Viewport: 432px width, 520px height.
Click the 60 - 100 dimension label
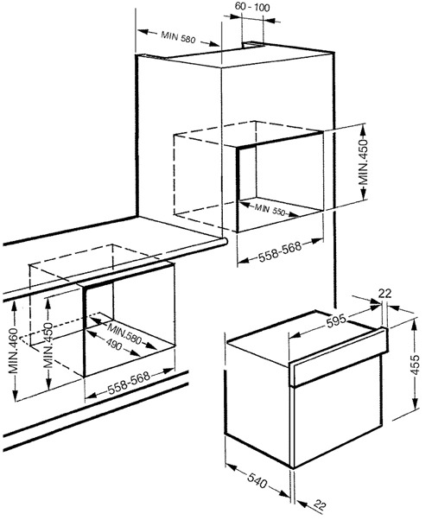[252, 7]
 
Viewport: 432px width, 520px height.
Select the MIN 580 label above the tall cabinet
[178, 37]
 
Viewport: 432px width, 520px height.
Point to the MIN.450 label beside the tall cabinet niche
[364, 162]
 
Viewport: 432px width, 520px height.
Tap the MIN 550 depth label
[270, 210]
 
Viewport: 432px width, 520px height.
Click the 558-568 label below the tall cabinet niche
[280, 251]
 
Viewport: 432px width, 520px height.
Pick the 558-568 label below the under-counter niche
[129, 383]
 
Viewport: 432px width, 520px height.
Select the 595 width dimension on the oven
[336, 321]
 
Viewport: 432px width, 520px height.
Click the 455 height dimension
[415, 365]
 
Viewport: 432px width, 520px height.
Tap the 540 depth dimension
[257, 481]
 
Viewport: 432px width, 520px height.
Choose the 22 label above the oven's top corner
[384, 294]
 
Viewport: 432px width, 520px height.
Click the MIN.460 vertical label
[13, 351]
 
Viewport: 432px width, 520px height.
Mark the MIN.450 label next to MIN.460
[48, 346]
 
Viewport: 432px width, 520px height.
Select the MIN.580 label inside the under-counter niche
[124, 333]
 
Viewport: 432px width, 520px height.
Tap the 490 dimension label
[114, 346]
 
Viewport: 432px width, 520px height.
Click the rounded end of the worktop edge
[225, 241]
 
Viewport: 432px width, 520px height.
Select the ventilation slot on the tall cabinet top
[253, 44]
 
